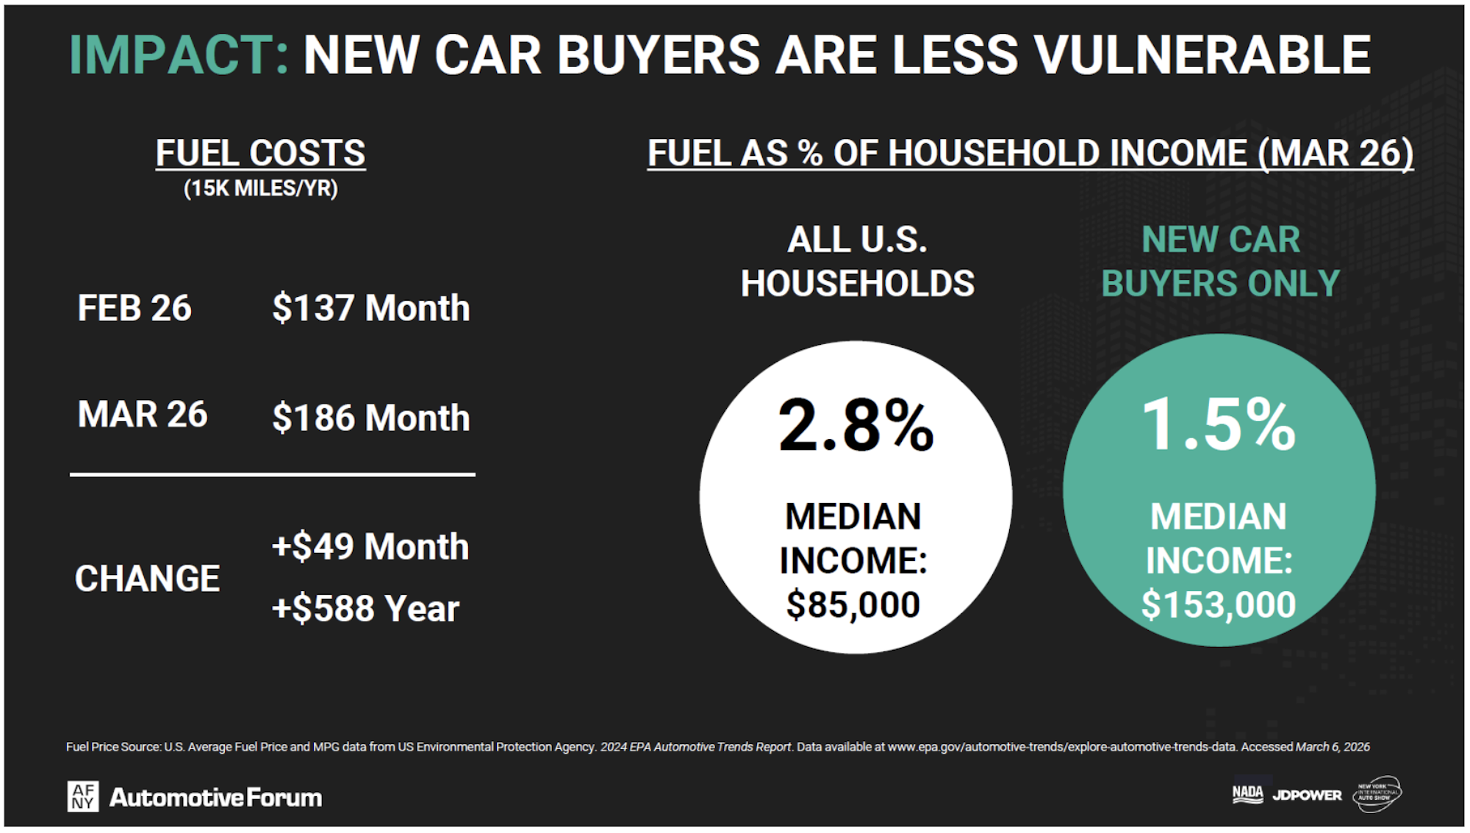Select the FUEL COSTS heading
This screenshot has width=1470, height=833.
(260, 154)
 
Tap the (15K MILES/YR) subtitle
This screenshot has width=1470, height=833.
(260, 188)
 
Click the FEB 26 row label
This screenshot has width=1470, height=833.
(135, 308)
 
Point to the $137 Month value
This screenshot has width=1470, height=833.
(370, 308)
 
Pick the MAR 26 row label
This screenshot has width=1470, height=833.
(143, 415)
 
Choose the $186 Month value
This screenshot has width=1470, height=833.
(370, 418)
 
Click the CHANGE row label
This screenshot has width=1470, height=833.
(147, 579)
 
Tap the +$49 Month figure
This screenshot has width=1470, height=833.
(370, 547)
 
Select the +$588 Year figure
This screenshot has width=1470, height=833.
(365, 609)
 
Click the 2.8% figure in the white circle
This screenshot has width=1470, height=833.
(856, 426)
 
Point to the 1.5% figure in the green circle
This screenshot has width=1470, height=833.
(1219, 424)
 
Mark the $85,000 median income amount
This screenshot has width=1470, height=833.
(853, 605)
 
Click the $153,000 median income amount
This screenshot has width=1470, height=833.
(1219, 605)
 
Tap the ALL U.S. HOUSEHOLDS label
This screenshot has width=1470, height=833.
(857, 262)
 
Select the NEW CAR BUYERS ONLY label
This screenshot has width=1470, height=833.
(1220, 262)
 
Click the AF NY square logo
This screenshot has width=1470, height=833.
(83, 796)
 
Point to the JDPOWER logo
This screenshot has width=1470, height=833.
(1307, 795)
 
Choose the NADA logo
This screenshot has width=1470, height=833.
(1247, 793)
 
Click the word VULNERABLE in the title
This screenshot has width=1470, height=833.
(1202, 55)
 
